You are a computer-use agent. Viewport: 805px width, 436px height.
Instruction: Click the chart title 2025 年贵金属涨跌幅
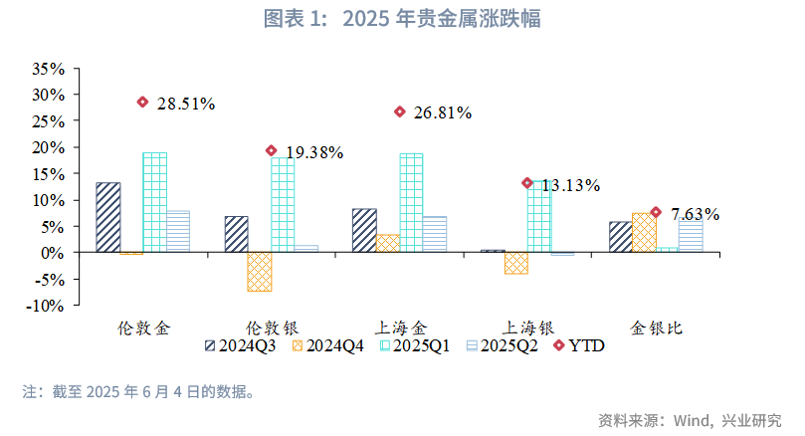point(402,19)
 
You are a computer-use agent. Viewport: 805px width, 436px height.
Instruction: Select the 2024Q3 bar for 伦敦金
point(108,217)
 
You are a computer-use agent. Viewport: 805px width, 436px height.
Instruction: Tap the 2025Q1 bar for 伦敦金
point(154,202)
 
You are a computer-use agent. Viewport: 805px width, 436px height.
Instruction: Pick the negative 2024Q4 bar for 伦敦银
point(260,272)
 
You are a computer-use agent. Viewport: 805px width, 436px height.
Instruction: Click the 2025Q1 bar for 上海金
point(411,202)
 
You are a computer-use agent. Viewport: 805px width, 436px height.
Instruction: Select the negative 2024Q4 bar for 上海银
point(516,263)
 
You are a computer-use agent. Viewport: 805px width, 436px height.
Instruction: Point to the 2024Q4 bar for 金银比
point(644,232)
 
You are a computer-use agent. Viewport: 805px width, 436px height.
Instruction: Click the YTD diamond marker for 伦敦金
point(142,102)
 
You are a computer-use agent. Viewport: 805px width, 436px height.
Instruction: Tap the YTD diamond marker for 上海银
point(527,183)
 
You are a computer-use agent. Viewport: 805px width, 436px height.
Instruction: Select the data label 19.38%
point(314,152)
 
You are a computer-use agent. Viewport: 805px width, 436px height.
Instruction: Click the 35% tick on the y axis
point(48,69)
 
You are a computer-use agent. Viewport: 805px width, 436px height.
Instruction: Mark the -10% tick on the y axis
point(45,306)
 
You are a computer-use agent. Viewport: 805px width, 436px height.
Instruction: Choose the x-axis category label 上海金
point(401,327)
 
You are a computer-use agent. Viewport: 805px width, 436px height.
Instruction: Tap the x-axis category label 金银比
point(658,327)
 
